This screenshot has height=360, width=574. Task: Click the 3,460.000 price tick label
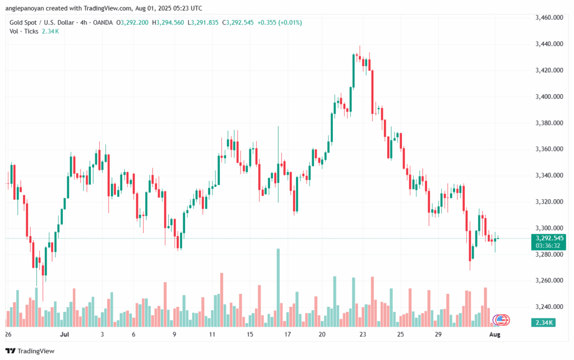(549, 17)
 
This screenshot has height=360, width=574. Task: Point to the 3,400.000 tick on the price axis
(549, 96)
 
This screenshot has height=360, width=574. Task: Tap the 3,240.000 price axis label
(549, 307)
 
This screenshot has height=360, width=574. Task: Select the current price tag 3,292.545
(549, 238)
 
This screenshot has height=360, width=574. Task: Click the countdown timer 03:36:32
(549, 245)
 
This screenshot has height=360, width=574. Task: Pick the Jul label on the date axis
(64, 334)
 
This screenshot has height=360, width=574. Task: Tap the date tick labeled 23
(363, 334)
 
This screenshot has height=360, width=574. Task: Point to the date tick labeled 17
(287, 334)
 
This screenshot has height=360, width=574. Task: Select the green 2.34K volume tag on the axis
(548, 322)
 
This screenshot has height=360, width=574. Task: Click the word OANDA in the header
(101, 22)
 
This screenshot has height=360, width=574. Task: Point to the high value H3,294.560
(168, 22)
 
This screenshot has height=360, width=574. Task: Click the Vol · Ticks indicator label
(22, 31)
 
